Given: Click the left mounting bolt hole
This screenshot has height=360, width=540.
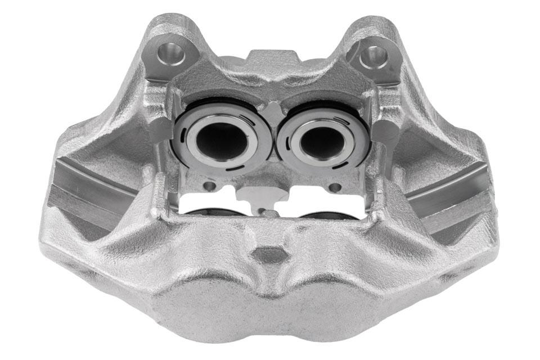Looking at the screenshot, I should pos(171,55).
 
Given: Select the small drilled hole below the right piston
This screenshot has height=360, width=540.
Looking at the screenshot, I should pos(335,187).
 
